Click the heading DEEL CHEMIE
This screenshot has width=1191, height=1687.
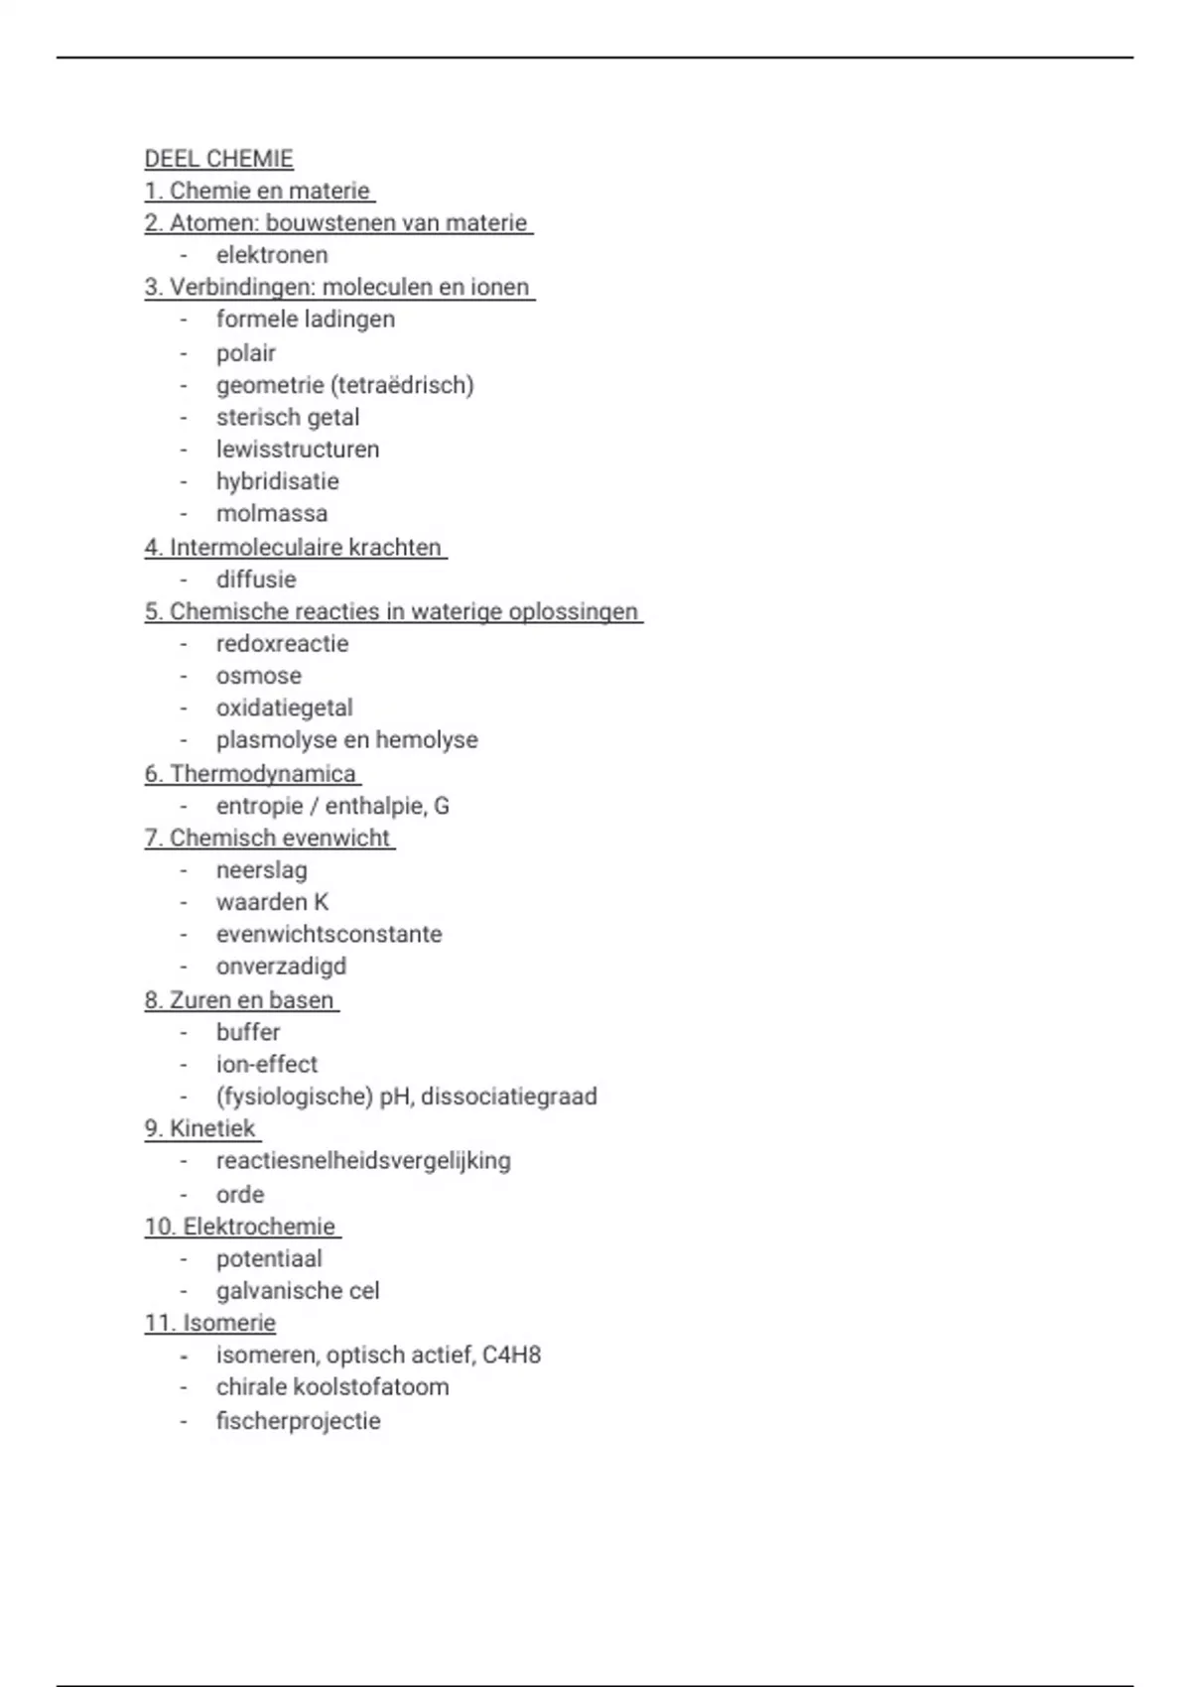(218, 159)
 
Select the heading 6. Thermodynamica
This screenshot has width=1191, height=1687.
(251, 774)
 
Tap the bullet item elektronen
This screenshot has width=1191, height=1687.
(272, 255)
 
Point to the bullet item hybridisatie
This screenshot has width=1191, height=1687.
(277, 481)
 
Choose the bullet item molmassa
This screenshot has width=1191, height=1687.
(271, 514)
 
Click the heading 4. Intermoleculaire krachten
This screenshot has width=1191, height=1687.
(294, 548)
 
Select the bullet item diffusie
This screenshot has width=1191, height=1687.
(256, 580)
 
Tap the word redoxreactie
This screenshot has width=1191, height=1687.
(282, 644)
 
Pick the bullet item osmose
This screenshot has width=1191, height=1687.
(258, 676)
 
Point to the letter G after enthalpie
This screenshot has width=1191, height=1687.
(441, 806)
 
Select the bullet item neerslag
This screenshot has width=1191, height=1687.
(261, 870)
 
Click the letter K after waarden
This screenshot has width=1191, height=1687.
(321, 902)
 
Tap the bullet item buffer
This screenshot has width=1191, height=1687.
(248, 1032)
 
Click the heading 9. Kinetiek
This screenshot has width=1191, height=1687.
(200, 1129)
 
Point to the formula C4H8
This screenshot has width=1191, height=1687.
(511, 1356)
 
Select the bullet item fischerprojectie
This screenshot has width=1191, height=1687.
(298, 1421)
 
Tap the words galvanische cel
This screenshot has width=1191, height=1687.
(298, 1291)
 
